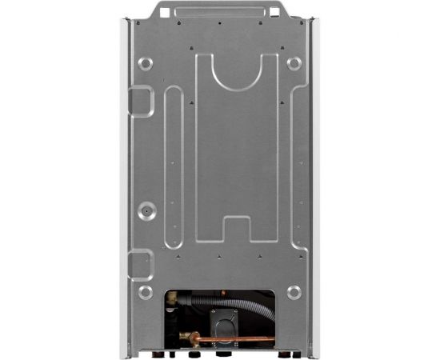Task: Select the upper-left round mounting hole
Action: click(145, 63)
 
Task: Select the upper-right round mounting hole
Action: click(294, 63)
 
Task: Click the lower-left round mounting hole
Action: click(145, 292)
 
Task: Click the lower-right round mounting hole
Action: click(294, 292)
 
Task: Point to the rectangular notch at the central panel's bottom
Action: click(238, 226)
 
